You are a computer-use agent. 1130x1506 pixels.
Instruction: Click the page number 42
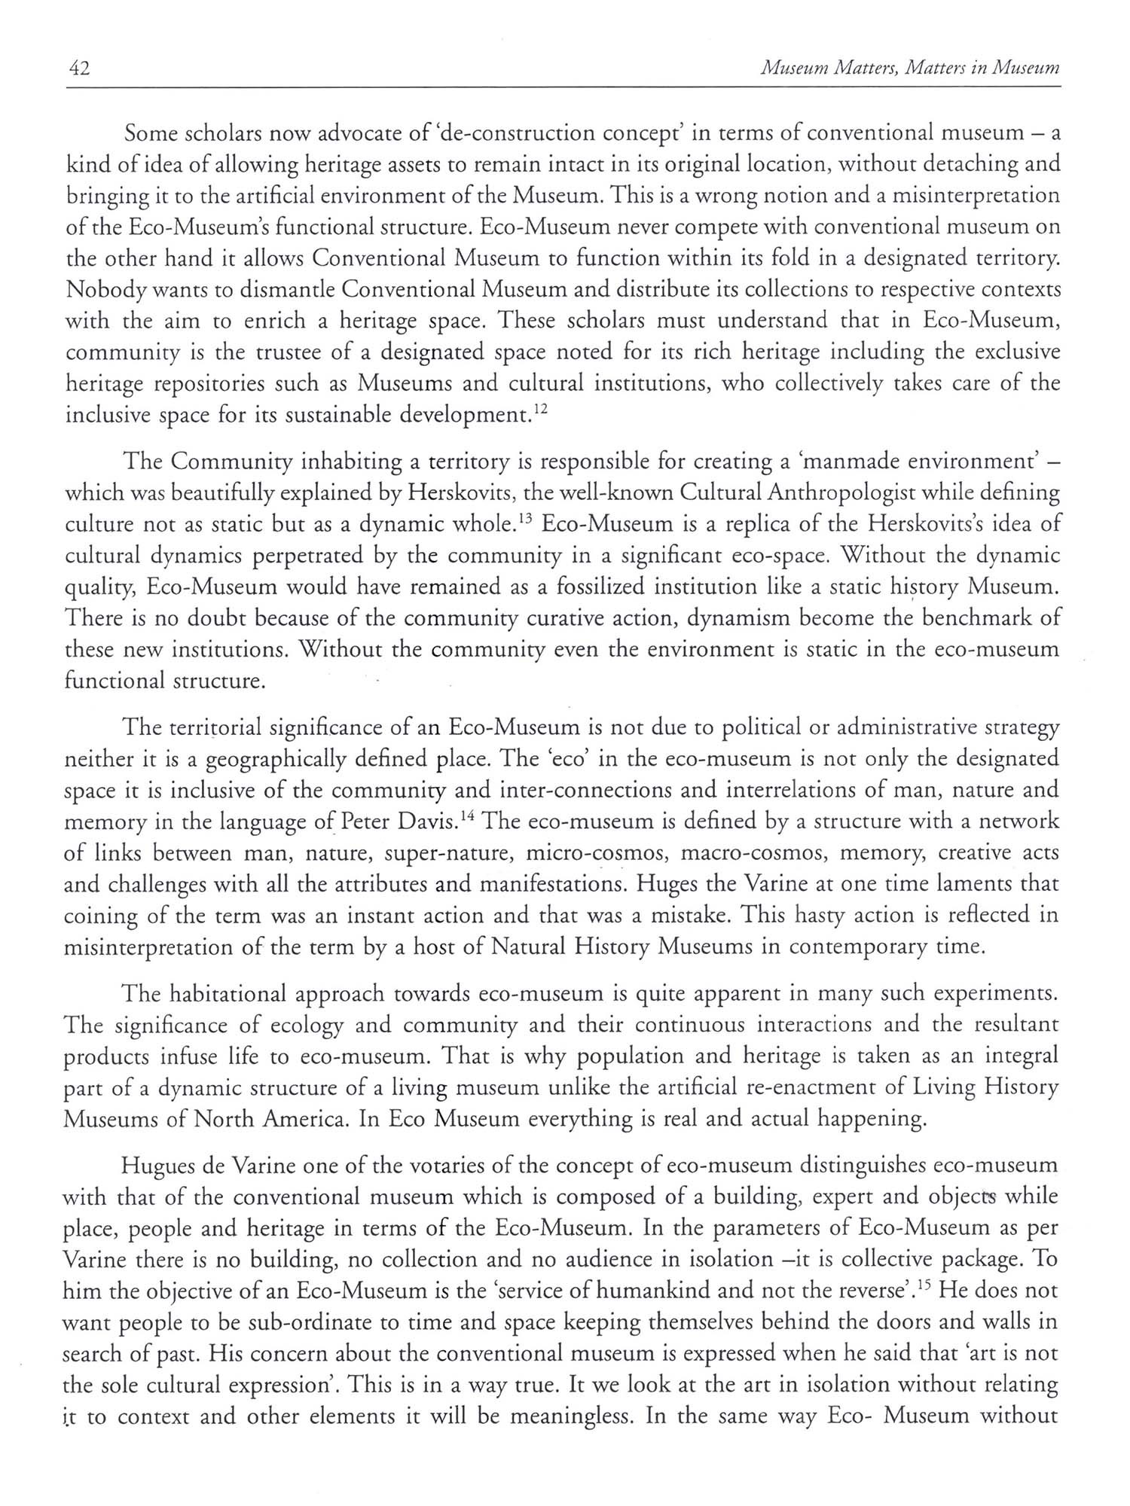tap(78, 69)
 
